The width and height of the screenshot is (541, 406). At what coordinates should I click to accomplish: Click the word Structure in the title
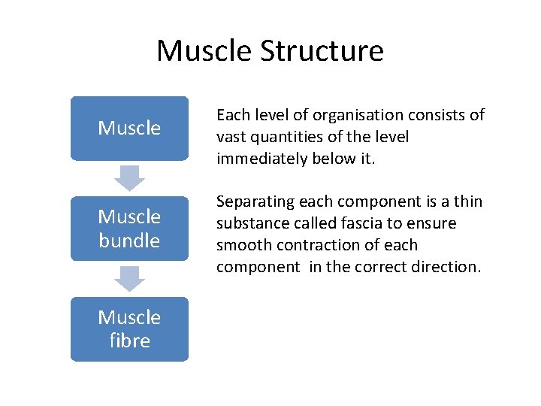(322, 51)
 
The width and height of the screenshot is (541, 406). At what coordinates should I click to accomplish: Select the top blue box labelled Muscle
(129, 128)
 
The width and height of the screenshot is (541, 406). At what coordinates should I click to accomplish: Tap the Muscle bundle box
(129, 229)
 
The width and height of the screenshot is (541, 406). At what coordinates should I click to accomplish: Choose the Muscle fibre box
(129, 329)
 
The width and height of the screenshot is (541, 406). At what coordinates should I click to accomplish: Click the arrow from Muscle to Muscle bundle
(129, 178)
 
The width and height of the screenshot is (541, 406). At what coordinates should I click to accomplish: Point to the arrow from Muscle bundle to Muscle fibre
(129, 279)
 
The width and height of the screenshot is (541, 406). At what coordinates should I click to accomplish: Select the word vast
(231, 137)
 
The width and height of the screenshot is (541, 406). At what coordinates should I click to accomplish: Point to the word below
(343, 159)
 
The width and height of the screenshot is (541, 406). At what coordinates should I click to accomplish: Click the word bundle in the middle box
(129, 241)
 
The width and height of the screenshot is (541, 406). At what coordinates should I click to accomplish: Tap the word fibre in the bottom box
(129, 341)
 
